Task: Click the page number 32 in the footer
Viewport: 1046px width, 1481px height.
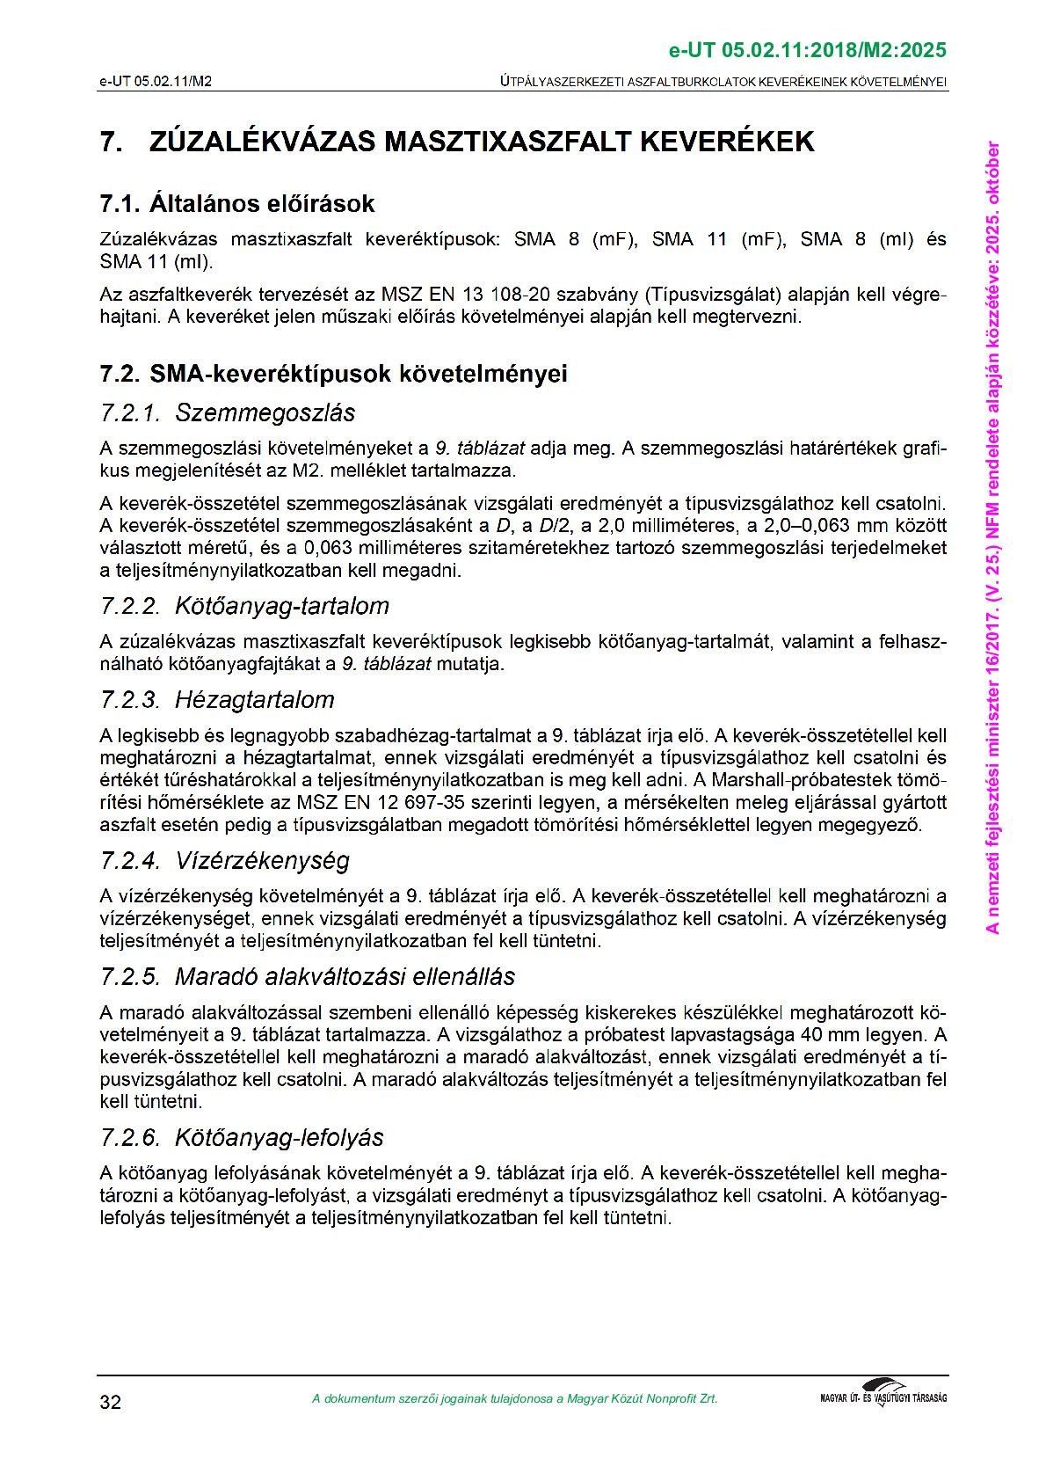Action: [x=111, y=1401]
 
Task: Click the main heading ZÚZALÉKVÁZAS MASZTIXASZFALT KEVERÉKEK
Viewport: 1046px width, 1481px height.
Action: [x=482, y=142]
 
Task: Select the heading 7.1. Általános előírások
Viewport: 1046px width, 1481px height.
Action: [x=237, y=204]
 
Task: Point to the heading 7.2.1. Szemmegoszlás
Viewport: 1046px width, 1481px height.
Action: [x=228, y=412]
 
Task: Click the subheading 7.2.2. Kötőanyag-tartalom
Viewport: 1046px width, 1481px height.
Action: [x=244, y=606]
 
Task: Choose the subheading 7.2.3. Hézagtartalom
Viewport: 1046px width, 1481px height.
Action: [x=217, y=700]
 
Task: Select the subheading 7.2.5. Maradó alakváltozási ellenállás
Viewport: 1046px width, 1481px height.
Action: [x=308, y=976]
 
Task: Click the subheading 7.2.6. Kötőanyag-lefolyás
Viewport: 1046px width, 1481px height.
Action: [x=242, y=1137]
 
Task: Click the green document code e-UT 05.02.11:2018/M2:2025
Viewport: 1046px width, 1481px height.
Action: [x=807, y=50]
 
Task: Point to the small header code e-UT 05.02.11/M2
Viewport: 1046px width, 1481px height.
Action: [x=156, y=82]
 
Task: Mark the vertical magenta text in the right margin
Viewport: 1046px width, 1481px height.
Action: [x=993, y=536]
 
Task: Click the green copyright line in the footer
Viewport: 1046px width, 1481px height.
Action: [x=514, y=1398]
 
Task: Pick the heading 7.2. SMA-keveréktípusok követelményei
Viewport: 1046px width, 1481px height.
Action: [x=333, y=374]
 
